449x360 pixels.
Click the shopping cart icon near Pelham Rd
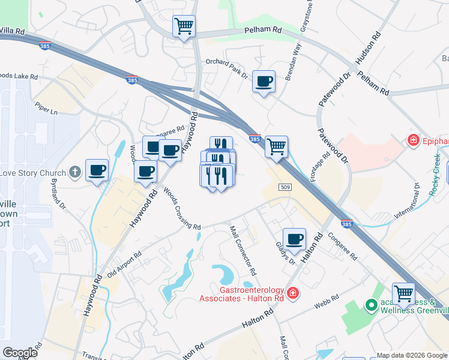click(184, 26)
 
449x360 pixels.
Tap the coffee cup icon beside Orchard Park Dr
click(264, 81)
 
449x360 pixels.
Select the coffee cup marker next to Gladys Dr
click(294, 239)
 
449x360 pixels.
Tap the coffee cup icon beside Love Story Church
click(97, 170)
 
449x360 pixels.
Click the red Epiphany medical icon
click(413, 141)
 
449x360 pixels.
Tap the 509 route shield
click(285, 187)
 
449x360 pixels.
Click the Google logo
click(20, 353)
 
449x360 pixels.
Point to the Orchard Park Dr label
click(226, 68)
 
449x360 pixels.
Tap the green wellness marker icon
click(371, 305)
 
